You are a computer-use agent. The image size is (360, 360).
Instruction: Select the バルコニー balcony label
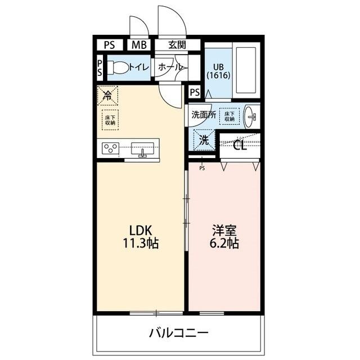(178, 332)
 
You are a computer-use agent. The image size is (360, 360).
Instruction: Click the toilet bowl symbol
(118, 67)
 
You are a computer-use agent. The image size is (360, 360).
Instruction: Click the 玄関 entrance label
(176, 45)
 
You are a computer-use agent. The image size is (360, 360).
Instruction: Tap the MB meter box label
(138, 45)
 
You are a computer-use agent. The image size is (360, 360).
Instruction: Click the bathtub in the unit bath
(245, 69)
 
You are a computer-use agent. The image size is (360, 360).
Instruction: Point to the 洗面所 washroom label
(204, 114)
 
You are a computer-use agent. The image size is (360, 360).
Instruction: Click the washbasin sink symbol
(251, 117)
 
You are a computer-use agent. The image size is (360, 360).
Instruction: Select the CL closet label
(240, 146)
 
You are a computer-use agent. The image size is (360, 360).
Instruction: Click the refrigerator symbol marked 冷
(107, 95)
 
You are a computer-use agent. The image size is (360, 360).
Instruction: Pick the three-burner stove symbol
(110, 149)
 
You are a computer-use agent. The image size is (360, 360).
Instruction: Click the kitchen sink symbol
(142, 150)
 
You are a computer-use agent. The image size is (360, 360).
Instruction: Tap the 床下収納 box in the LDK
(110, 119)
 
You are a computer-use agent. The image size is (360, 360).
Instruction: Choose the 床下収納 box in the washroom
(229, 115)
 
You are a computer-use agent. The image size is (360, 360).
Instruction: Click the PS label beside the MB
(109, 45)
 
